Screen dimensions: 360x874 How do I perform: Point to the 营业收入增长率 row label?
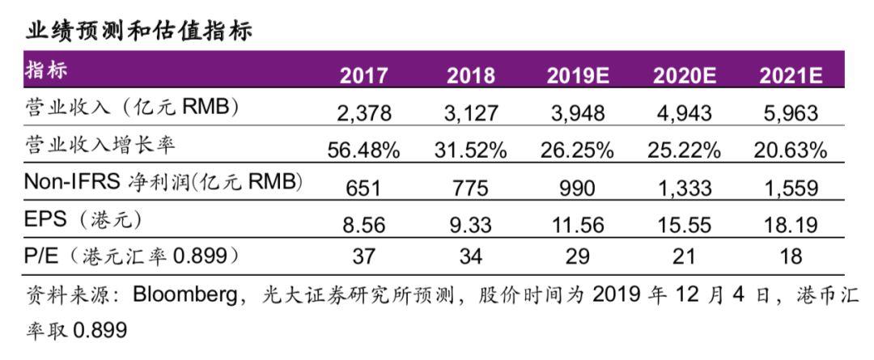[x=101, y=146]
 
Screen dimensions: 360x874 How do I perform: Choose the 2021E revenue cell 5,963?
[x=791, y=112]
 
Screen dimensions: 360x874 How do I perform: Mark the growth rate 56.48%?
[x=364, y=150]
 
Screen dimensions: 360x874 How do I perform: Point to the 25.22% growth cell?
[x=684, y=150]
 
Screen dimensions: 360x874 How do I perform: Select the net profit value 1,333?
[x=684, y=188]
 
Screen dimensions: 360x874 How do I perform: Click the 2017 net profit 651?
[x=364, y=188]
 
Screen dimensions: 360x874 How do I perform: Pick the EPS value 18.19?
[x=791, y=224]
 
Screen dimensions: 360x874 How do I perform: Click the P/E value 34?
[x=470, y=257]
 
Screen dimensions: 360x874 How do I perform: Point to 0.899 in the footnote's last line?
[x=100, y=331]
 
